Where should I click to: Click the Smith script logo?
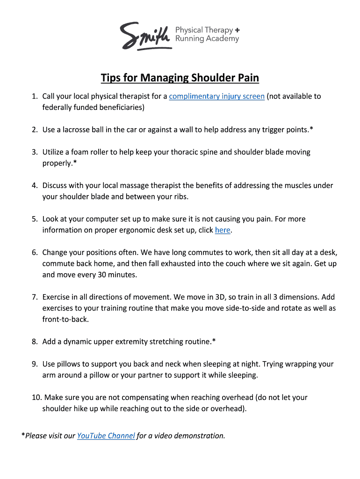point(144,35)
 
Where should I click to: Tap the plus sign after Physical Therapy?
point(238,30)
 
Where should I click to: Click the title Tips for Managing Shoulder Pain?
point(180,77)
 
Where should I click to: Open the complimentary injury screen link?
point(217,96)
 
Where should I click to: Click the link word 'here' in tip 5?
point(223,230)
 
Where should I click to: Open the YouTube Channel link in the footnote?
point(106,436)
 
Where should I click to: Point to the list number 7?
point(35,297)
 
